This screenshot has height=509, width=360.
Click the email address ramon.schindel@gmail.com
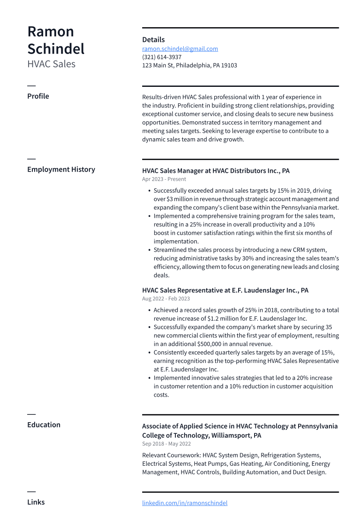(x=180, y=49)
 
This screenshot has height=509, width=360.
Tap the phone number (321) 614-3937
(x=162, y=57)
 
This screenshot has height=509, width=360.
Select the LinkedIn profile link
(x=185, y=503)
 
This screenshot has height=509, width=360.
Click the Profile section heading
(x=38, y=96)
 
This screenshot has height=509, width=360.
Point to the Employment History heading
(x=61, y=169)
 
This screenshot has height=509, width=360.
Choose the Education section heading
(x=44, y=425)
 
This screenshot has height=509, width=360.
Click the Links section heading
(x=36, y=502)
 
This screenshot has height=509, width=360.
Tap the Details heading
(x=153, y=40)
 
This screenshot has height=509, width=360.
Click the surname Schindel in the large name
(x=56, y=49)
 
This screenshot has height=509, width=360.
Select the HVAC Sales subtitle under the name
(x=51, y=64)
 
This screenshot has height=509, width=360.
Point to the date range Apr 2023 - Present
(x=164, y=179)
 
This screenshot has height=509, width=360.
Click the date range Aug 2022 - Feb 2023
(x=166, y=299)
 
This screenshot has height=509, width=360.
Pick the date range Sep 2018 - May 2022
(x=166, y=444)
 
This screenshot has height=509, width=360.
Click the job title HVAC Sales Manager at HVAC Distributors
(x=216, y=171)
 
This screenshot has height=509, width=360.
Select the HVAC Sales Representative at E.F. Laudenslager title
(x=225, y=290)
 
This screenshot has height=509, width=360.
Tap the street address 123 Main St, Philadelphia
(x=189, y=66)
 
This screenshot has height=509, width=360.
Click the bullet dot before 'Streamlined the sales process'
(x=149, y=250)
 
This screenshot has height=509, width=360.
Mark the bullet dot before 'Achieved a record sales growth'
(x=149, y=310)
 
